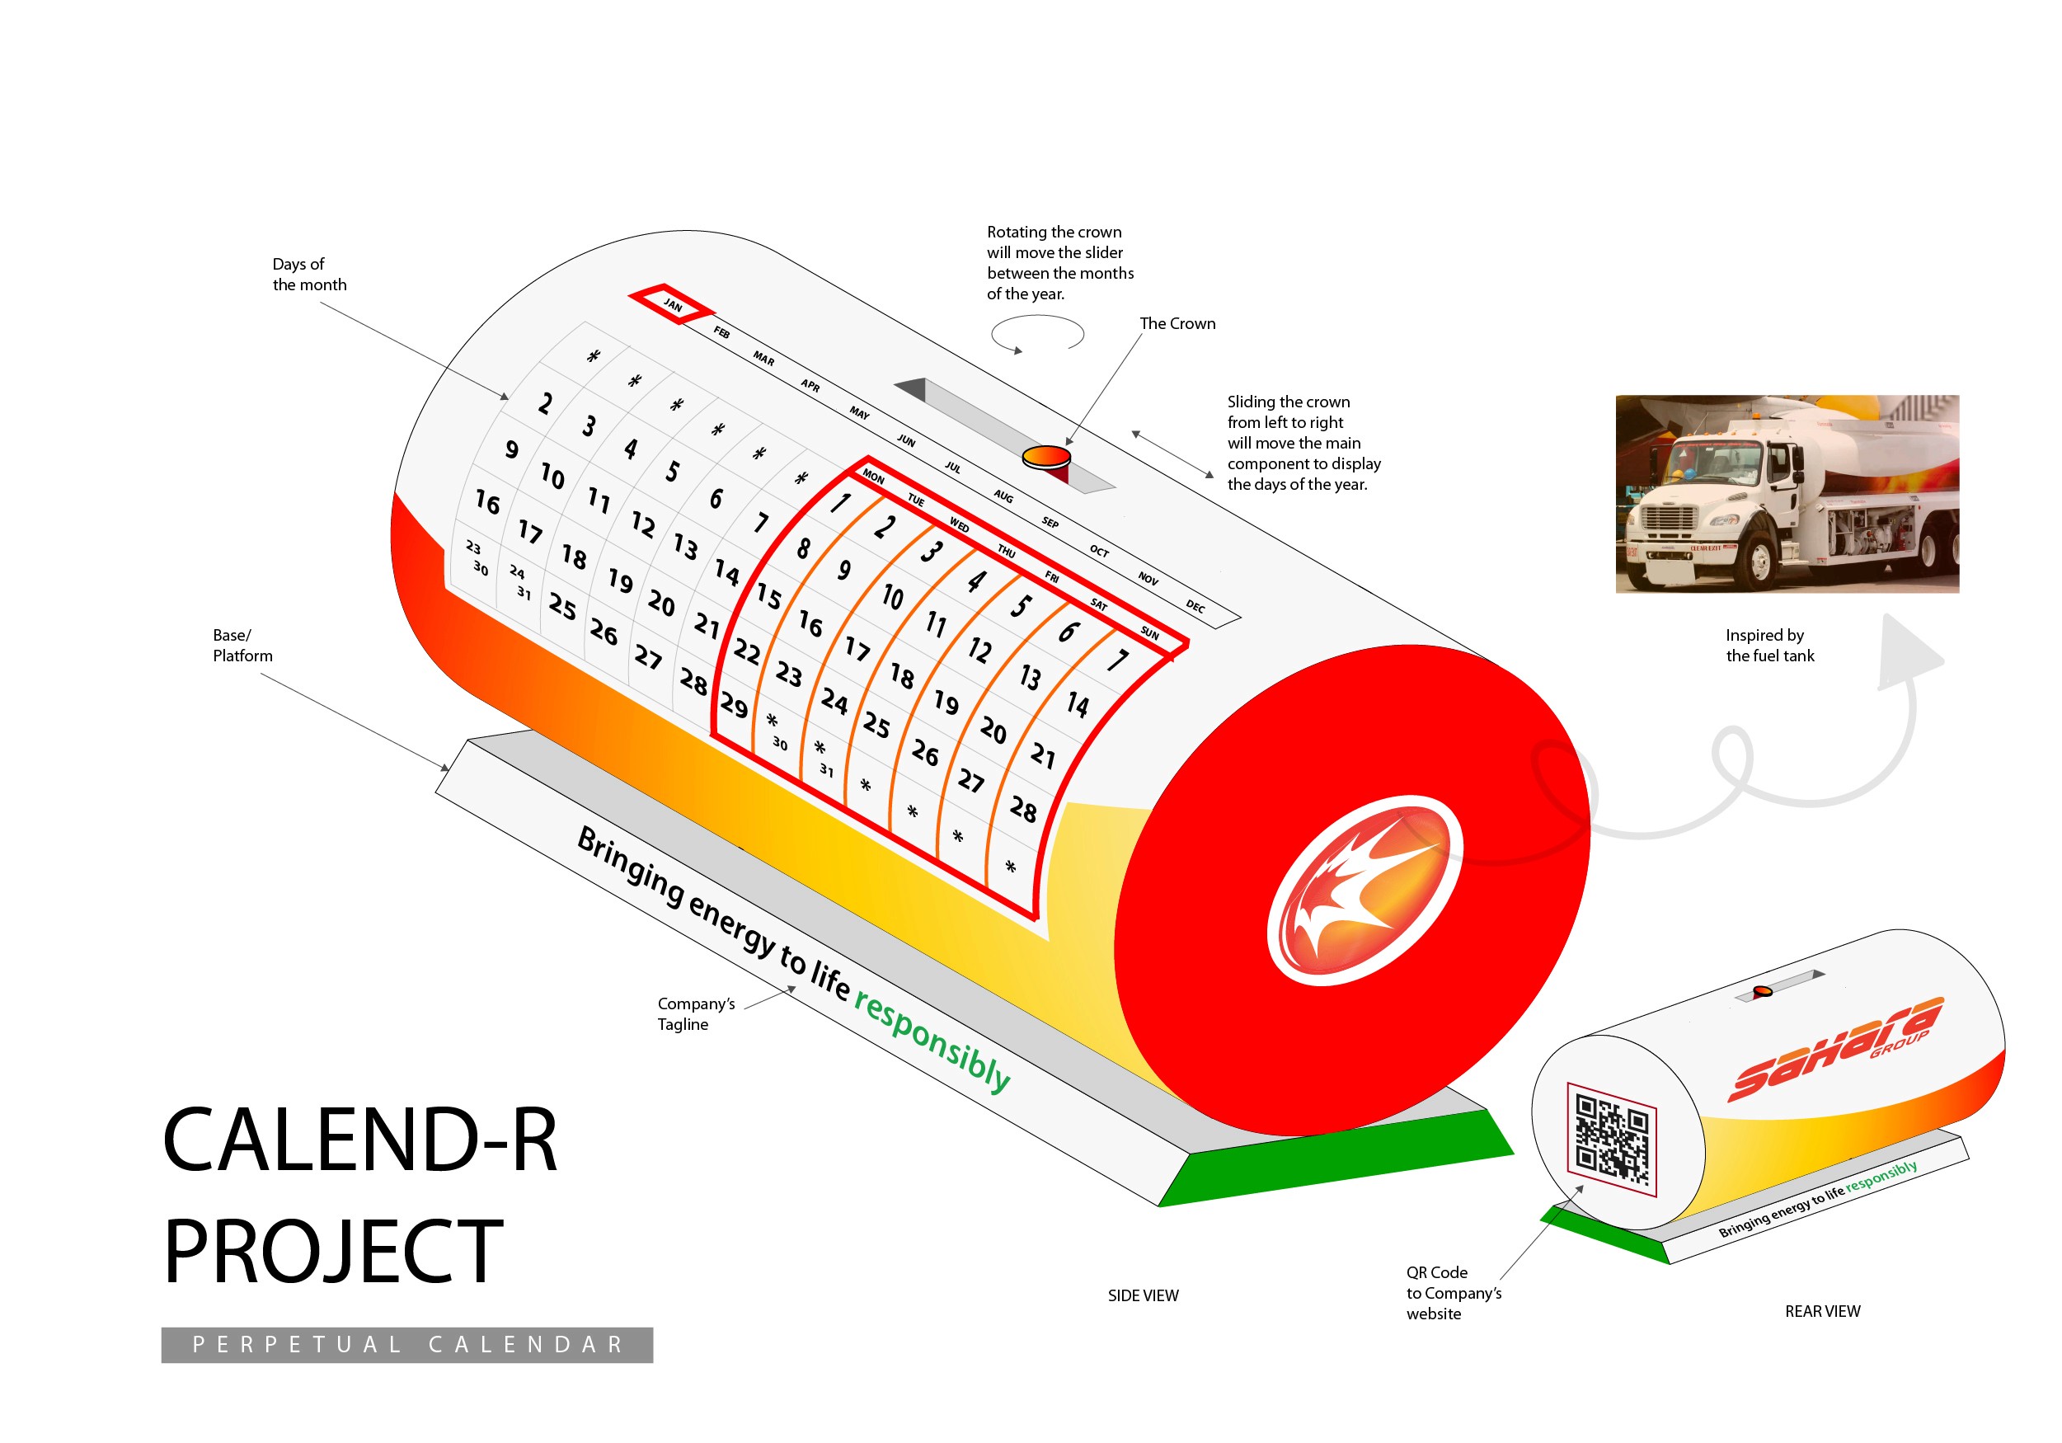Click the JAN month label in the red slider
coord(673,305)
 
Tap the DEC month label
coord(1195,606)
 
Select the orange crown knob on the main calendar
coord(1046,457)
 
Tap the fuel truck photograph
coord(1787,493)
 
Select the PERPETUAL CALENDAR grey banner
coord(406,1344)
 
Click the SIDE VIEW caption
coord(1143,1295)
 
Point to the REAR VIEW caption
coord(1822,1311)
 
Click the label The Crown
coord(1177,323)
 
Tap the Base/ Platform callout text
coord(242,645)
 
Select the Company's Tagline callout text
coord(695,1013)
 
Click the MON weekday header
coord(873,476)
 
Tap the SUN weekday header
coord(1149,632)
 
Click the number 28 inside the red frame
coord(1023,808)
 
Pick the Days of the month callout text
coord(308,274)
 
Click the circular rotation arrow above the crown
coord(1037,334)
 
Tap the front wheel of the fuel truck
coord(1759,562)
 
